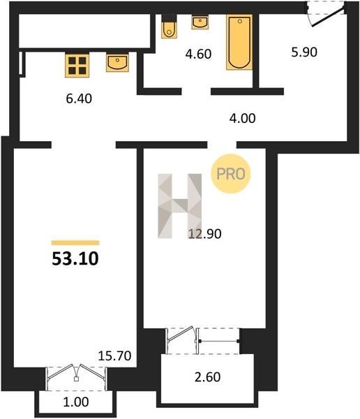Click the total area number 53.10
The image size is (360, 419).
pyautogui.click(x=75, y=259)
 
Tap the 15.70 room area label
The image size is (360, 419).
pyautogui.click(x=114, y=355)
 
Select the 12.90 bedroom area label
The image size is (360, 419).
pyautogui.click(x=205, y=234)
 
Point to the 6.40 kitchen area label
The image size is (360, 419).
pyautogui.click(x=79, y=98)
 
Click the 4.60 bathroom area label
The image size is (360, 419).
pyautogui.click(x=198, y=54)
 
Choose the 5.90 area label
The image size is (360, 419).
pyautogui.click(x=304, y=52)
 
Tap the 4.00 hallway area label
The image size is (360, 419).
pyautogui.click(x=242, y=118)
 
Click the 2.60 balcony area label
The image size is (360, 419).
pyautogui.click(x=207, y=377)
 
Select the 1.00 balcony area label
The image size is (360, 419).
pyautogui.click(x=76, y=402)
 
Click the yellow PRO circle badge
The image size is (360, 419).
pyautogui.click(x=231, y=174)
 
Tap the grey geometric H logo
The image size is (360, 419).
pyautogui.click(x=180, y=206)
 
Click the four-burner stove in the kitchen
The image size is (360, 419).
pyautogui.click(x=77, y=66)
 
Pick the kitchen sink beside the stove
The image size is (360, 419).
pyautogui.click(x=117, y=63)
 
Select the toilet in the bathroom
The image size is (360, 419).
pyautogui.click(x=169, y=27)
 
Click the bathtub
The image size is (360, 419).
pyautogui.click(x=239, y=42)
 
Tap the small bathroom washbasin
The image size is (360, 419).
pyautogui.click(x=200, y=22)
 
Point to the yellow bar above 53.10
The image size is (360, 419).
pyautogui.click(x=75, y=242)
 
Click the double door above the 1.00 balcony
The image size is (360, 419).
pyautogui.click(x=76, y=377)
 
